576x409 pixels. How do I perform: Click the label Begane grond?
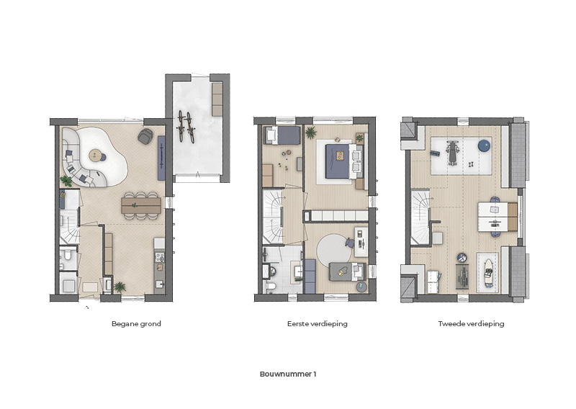136,324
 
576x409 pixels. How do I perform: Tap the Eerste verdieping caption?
318,324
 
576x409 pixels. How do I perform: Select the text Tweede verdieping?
471,324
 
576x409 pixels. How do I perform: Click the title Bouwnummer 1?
288,374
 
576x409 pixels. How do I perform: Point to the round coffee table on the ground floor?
96,156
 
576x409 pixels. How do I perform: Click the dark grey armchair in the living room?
145,136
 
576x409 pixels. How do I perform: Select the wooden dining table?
141,205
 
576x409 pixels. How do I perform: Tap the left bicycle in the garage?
181,126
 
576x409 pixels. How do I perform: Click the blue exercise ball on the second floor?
484,145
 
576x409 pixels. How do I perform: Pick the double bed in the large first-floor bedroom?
341,161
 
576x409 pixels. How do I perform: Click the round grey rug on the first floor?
334,252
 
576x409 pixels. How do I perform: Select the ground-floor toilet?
66,254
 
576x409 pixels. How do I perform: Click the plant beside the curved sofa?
66,181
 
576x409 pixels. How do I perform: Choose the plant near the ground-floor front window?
120,287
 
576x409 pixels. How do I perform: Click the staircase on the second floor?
420,217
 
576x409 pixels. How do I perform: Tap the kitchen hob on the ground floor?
159,256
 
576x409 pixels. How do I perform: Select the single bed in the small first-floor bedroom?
283,135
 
